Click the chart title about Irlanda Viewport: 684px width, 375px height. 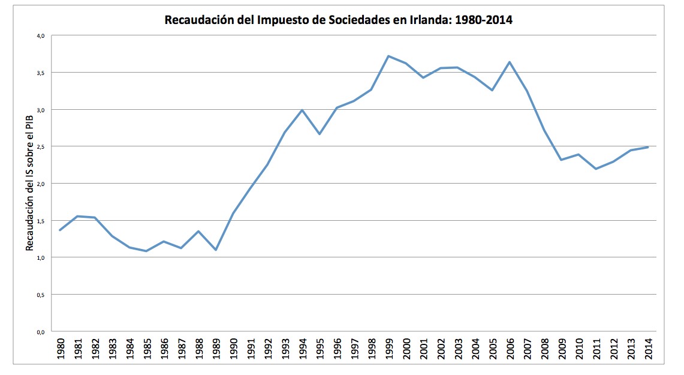pyautogui.click(x=339, y=20)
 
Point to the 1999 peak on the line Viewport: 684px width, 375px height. pyautogui.click(x=388, y=56)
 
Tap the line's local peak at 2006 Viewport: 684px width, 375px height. pyautogui.click(x=510, y=62)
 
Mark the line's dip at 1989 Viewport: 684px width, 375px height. pyautogui.click(x=216, y=250)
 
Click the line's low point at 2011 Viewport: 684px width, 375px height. pyautogui.click(x=596, y=169)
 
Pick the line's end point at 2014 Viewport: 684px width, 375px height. pyautogui.click(x=648, y=147)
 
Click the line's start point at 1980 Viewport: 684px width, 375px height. pyautogui.click(x=60, y=230)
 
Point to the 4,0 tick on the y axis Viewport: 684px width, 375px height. pyautogui.click(x=41, y=35)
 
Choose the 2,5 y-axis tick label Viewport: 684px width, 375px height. pyautogui.click(x=41, y=146)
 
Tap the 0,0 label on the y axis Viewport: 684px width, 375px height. pyautogui.click(x=41, y=331)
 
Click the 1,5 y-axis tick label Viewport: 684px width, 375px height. pyautogui.click(x=41, y=221)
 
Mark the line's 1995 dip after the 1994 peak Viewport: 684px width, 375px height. pyautogui.click(x=320, y=134)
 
